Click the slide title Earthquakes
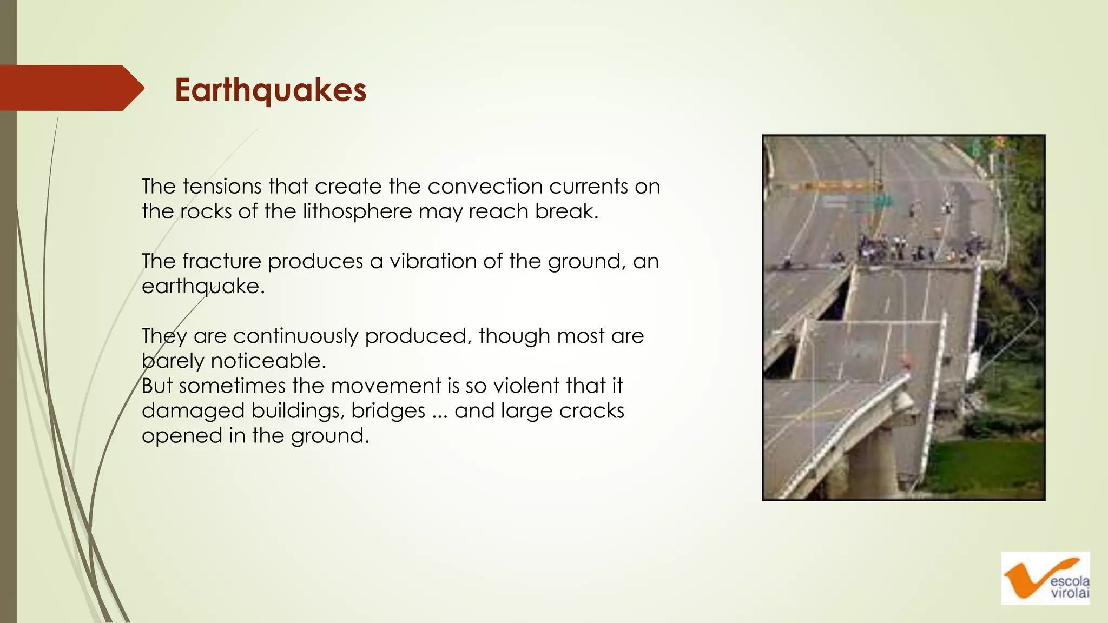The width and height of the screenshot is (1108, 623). (x=271, y=90)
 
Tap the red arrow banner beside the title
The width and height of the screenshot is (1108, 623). (x=70, y=88)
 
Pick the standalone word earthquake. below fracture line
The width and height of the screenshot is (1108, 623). (x=203, y=286)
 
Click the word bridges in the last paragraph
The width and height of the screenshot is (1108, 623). (x=388, y=411)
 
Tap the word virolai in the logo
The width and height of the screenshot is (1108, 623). (x=1070, y=593)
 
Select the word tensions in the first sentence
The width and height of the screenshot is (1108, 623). (x=222, y=187)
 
